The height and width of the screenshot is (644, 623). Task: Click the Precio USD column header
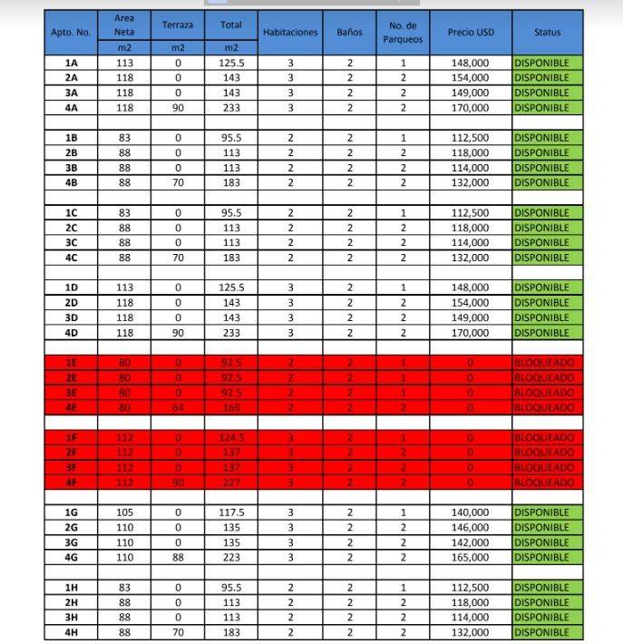(470, 32)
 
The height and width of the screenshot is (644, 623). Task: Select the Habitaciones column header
(290, 32)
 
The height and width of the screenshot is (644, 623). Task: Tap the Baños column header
(349, 32)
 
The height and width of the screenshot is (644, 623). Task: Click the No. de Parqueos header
(403, 32)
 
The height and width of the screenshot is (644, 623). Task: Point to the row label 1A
(72, 63)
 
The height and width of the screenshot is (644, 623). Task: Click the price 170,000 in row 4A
(470, 108)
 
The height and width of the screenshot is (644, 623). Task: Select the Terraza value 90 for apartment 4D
(178, 333)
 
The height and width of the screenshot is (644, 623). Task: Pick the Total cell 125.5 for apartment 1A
(231, 63)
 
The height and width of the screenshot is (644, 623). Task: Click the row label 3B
(72, 168)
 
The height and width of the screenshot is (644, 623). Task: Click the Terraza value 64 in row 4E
(178, 407)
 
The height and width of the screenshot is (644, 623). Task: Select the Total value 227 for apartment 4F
(231, 483)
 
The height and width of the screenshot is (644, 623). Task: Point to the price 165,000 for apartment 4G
(470, 558)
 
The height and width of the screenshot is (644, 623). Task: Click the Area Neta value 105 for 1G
(124, 512)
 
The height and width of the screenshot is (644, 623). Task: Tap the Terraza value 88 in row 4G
(178, 558)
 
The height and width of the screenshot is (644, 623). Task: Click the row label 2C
(72, 228)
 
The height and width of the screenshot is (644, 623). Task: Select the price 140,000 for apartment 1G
(470, 512)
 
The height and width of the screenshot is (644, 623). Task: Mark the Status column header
(547, 32)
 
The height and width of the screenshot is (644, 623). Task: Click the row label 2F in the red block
(72, 453)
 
